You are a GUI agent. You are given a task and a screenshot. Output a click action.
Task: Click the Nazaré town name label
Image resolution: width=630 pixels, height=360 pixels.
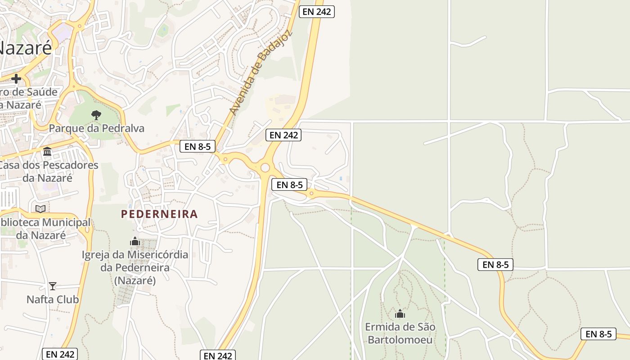[25, 47]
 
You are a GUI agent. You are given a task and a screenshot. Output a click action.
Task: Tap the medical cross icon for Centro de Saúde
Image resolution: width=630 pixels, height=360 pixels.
[16, 79]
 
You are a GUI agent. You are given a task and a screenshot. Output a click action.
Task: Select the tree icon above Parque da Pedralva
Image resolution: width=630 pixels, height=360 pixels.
[96, 115]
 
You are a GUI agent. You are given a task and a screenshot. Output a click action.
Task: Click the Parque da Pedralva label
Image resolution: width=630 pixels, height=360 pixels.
[96, 128]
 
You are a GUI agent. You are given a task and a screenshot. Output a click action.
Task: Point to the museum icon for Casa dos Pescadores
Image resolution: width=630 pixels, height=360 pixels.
[47, 152]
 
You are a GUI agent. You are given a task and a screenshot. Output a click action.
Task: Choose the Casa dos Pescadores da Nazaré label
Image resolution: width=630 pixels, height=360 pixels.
[48, 171]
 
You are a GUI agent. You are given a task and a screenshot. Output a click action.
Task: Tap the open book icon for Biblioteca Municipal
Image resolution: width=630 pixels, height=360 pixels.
[40, 209]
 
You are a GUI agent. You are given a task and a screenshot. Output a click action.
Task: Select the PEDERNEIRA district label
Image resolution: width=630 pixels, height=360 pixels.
[159, 214]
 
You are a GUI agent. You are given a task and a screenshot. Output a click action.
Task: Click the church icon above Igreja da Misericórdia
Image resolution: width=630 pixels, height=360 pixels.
[135, 242]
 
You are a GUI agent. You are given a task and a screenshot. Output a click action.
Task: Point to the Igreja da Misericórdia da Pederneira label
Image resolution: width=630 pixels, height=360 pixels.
[135, 267]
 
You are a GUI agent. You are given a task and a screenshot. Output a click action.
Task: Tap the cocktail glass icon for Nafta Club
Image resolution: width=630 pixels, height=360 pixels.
[53, 286]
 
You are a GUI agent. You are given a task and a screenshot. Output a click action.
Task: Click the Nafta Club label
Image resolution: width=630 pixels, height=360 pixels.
[53, 299]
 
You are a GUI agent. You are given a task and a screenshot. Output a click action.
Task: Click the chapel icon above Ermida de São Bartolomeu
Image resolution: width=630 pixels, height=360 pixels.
[400, 314]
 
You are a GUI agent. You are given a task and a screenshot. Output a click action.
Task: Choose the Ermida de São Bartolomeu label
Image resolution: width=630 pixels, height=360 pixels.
[400, 333]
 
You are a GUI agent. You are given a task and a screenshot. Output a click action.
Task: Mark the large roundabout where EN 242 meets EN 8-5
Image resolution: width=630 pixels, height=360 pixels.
[265, 168]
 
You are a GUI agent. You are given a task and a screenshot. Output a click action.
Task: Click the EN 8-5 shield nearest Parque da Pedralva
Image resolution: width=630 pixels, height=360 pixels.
[198, 146]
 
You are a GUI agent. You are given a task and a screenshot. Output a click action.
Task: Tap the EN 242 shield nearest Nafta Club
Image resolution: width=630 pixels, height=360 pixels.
[60, 354]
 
